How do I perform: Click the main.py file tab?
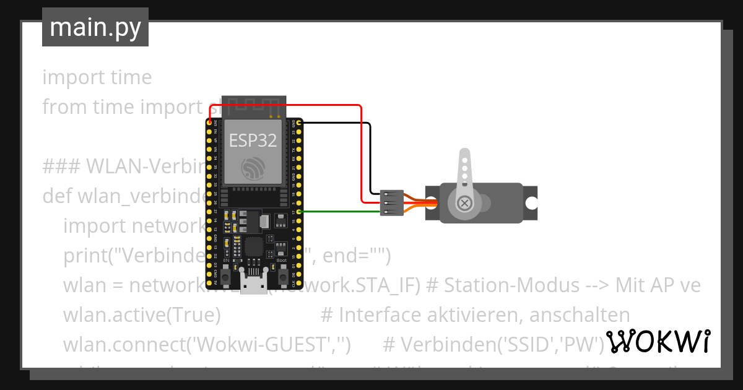pyautogui.click(x=95, y=28)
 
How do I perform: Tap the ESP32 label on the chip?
pyautogui.click(x=253, y=140)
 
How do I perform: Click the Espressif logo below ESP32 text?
pyautogui.click(x=253, y=168)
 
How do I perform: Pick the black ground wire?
pyautogui.click(x=370, y=155)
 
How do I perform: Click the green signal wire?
pyautogui.click(x=341, y=212)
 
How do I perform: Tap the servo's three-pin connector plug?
pyautogui.click(x=391, y=202)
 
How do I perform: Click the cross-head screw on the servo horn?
pyautogui.click(x=464, y=203)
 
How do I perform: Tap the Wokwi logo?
pyautogui.click(x=658, y=342)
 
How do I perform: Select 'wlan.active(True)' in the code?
pyautogui.click(x=142, y=314)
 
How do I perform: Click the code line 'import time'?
pyautogui.click(x=97, y=77)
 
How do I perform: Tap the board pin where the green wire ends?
pyautogui.click(x=300, y=212)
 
